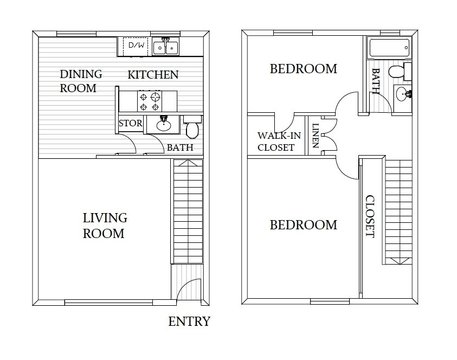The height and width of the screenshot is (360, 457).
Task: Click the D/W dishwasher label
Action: coord(136,46)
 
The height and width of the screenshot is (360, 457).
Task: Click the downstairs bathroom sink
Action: coord(162,125)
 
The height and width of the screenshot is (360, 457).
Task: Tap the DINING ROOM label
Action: coord(77,81)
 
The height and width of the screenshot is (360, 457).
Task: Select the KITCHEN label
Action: coord(153,75)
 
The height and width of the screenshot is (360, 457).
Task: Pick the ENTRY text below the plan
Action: coord(189,321)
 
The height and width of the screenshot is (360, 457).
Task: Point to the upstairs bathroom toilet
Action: coord(400,71)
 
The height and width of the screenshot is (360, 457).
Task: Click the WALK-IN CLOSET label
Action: coord(273,141)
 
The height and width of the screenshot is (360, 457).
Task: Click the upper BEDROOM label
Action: coord(303,69)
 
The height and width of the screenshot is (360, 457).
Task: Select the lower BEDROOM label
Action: coord(303,225)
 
